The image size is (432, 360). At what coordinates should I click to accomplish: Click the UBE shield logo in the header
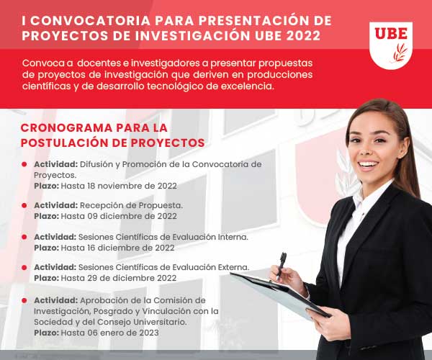point(391,45)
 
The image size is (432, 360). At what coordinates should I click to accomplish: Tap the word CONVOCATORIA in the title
point(90,21)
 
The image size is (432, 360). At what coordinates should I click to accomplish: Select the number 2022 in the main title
point(303,36)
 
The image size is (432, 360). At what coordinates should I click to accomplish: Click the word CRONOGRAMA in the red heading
point(66,128)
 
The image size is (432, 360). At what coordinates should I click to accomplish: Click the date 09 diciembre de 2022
point(132,216)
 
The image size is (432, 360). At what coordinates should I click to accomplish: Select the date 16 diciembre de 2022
point(131,248)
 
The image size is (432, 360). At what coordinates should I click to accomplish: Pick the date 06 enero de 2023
point(123,333)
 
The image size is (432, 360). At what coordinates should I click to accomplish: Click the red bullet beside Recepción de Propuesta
point(24,205)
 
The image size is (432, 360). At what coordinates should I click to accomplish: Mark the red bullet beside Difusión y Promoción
point(24,164)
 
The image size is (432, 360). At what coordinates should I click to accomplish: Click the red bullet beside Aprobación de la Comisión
point(24,300)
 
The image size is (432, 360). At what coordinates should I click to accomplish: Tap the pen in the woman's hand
point(282,265)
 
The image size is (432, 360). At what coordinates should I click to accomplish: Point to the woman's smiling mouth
point(369,166)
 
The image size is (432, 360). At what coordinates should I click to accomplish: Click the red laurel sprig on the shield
point(400,53)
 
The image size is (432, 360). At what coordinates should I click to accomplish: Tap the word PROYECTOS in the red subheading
point(168,143)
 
